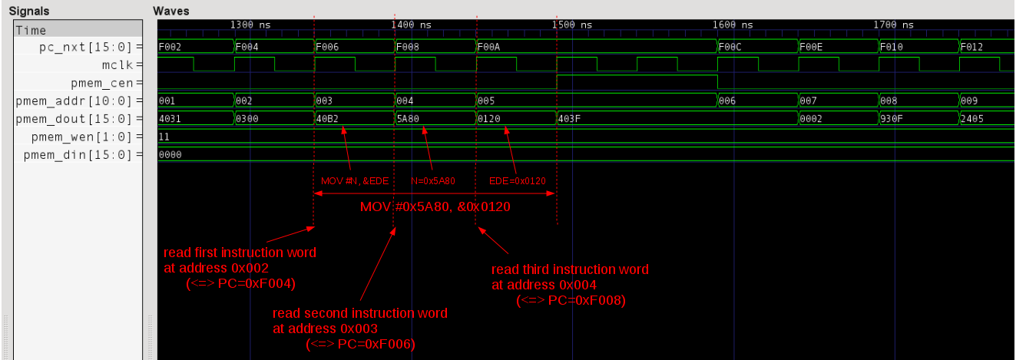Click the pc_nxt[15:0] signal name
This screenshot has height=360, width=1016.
[85, 47]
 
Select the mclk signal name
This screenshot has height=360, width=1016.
[117, 64]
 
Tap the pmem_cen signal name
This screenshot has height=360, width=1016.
[101, 84]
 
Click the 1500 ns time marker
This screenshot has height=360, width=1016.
[572, 25]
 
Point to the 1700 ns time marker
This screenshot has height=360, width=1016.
[894, 25]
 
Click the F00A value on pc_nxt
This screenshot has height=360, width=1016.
[488, 47]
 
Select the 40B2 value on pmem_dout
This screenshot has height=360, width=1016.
[327, 119]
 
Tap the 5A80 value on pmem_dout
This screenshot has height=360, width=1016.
[408, 119]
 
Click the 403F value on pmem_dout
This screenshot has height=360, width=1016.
[569, 119]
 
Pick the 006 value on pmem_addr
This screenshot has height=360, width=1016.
[727, 101]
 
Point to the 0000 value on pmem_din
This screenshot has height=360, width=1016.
[170, 154]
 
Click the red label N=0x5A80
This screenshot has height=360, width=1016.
[432, 181]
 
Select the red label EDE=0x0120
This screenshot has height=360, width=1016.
[517, 181]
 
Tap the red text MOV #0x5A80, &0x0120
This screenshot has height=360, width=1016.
[435, 206]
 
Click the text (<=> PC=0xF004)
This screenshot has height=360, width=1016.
[241, 283]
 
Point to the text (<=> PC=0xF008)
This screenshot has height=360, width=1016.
[571, 300]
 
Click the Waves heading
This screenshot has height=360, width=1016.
[171, 11]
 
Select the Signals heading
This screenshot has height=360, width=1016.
[29, 11]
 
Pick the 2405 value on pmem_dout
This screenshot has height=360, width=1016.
[972, 119]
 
